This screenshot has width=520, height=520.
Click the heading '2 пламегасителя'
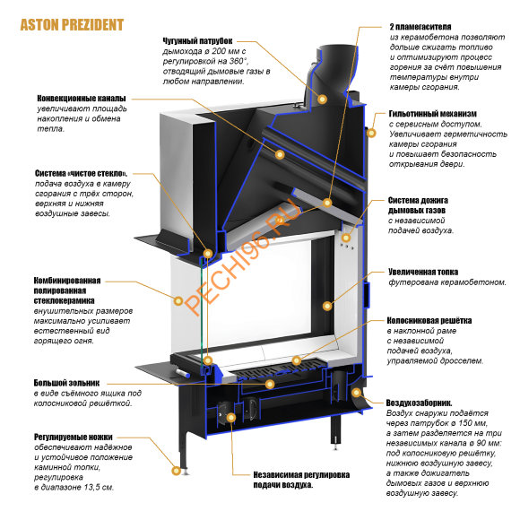tap(421, 27)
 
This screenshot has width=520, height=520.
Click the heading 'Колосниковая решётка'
tap(429, 320)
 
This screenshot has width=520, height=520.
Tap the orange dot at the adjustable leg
tap(176, 465)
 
